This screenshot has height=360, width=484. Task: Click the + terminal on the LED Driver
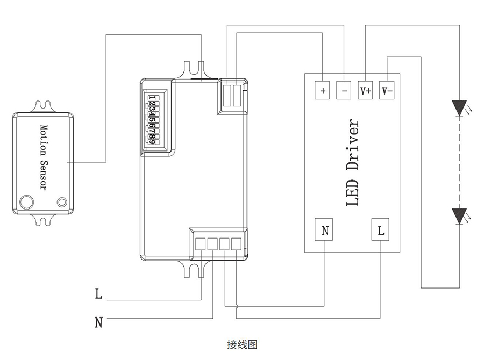323,90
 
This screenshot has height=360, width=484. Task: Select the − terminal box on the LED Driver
344,90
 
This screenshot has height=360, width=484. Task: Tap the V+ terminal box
366,90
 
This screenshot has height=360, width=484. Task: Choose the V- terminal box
387,90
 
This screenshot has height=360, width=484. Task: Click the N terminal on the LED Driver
324,231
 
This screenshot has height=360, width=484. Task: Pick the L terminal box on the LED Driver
381,231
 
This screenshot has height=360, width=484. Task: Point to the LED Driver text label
352,163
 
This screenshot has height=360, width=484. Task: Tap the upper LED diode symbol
459,108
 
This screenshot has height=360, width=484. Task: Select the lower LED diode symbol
459,216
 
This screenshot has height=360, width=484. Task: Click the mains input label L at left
98,294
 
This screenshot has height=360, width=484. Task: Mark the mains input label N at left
98,322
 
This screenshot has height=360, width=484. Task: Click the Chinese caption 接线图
242,344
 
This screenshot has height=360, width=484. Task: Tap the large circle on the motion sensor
26,202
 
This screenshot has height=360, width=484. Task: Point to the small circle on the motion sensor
62,202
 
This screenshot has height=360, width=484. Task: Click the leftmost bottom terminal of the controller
200,243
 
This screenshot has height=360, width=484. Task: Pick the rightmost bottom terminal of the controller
236,243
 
